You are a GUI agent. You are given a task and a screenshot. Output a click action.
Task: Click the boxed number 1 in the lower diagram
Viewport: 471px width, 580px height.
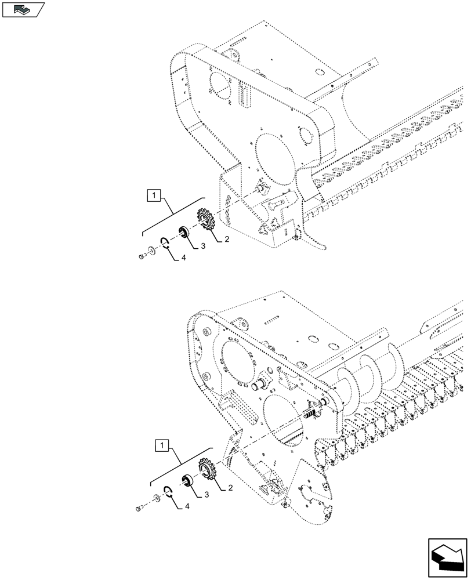[x=161, y=445]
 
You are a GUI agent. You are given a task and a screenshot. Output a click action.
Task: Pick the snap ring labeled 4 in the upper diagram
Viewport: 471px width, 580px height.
[x=165, y=243]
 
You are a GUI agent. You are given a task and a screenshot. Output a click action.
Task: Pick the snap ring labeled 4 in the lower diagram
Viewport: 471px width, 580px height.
[x=167, y=492]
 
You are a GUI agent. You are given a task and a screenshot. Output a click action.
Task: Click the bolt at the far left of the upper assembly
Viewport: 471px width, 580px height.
[x=141, y=257]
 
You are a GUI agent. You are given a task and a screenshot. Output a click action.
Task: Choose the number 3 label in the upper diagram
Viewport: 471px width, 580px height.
[x=204, y=247]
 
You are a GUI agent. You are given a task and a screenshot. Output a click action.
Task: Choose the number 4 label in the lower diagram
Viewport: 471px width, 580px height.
[x=188, y=506]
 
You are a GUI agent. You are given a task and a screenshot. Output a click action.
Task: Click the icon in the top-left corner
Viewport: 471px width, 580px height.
[x=23, y=9]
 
